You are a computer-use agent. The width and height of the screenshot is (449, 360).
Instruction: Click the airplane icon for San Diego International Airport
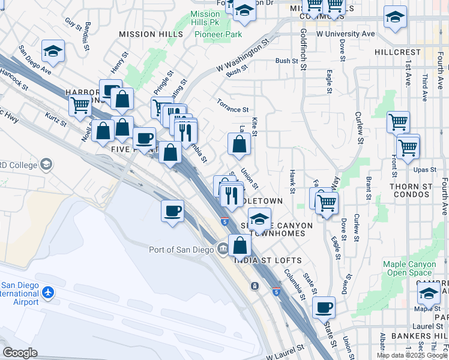[x=48, y=293]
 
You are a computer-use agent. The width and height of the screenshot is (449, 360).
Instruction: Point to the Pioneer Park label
[x=218, y=34]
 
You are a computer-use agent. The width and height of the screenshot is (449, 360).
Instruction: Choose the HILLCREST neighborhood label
[x=397, y=52]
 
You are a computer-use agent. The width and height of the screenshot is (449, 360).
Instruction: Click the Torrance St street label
[x=233, y=109]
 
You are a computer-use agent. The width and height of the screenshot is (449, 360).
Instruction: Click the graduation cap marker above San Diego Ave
[x=53, y=51]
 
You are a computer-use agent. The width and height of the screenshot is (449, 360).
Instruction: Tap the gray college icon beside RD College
[x=46, y=164]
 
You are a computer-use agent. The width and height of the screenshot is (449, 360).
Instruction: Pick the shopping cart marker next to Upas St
[x=408, y=146]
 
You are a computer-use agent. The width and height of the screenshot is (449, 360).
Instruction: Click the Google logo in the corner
[x=20, y=353]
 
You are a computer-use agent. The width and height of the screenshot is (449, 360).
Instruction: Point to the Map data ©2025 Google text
[x=411, y=355]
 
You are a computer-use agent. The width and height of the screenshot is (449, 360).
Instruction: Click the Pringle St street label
[x=162, y=83]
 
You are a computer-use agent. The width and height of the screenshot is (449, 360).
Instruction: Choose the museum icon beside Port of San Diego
[x=222, y=248]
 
